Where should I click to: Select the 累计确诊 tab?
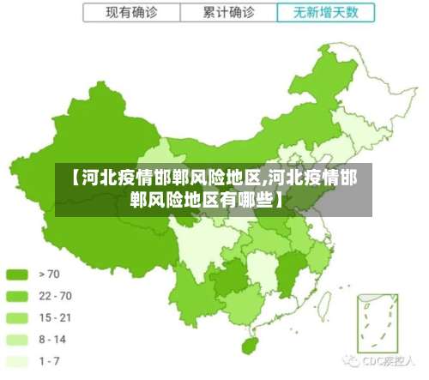[228, 13]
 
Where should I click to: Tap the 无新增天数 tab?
[325, 13]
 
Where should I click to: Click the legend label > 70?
[49, 274]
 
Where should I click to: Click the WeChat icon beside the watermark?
[352, 361]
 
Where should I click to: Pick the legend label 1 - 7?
[49, 361]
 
